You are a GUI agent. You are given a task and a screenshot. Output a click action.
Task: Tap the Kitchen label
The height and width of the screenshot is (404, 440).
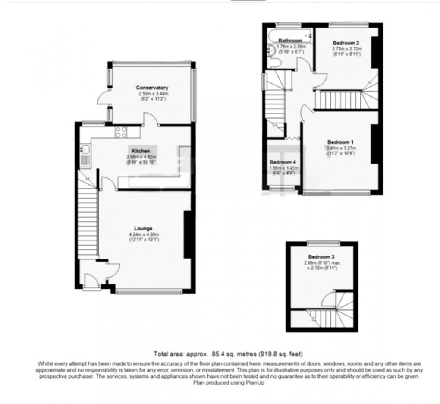[x=141, y=151]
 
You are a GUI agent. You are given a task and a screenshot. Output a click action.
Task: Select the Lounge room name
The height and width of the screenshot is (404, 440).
[x=143, y=228]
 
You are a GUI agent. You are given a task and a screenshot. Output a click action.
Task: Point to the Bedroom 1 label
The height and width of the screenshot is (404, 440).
[x=340, y=142]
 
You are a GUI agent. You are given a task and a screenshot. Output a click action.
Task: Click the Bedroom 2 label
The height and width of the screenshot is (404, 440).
[x=346, y=43]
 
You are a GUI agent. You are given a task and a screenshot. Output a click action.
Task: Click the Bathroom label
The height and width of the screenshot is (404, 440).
[x=290, y=41]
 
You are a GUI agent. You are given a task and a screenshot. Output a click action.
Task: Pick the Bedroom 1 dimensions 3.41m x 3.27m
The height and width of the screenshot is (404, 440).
[x=340, y=148]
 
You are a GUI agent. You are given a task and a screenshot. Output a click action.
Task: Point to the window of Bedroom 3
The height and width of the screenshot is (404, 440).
[x=322, y=243]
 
